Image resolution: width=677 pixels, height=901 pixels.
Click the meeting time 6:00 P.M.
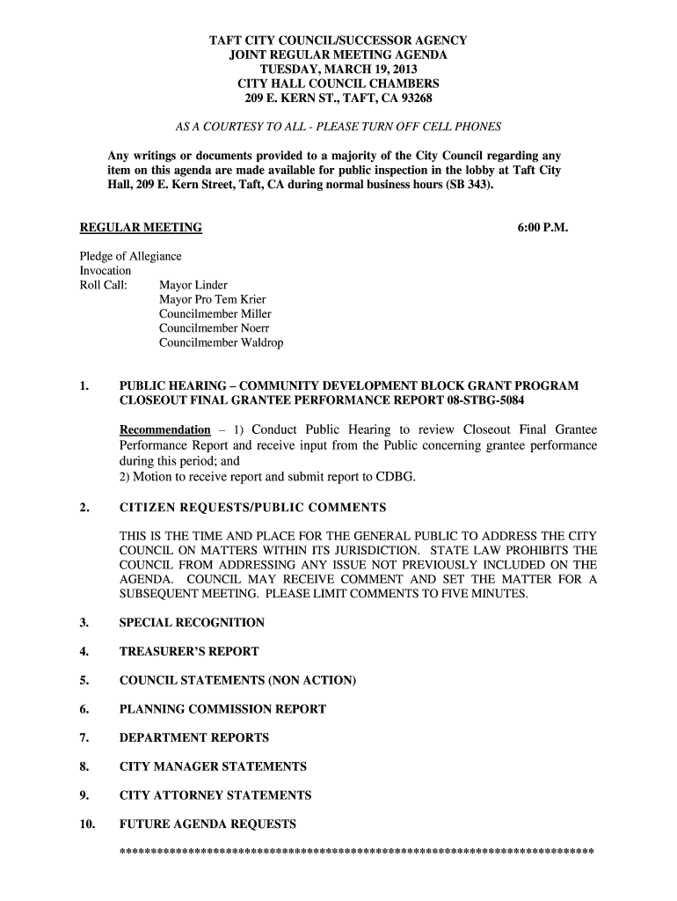coord(542,228)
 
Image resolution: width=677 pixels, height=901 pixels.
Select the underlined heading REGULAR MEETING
coord(141,228)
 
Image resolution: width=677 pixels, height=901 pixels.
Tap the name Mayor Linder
coord(193,285)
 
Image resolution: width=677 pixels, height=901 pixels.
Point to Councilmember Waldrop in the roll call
coord(221,343)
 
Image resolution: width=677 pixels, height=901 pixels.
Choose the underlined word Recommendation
coord(164,430)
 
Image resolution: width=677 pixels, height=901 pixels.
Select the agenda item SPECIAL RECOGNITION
coord(192,623)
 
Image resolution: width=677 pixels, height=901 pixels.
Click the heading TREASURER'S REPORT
coord(189,652)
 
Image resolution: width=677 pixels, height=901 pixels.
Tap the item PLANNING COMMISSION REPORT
coord(222,709)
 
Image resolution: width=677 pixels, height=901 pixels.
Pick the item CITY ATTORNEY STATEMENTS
coord(215,795)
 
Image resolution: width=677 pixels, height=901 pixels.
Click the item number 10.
coord(86,824)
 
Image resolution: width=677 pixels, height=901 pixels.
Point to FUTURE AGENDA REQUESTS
coord(207,824)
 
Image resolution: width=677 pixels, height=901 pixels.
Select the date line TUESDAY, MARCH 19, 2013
coord(338,70)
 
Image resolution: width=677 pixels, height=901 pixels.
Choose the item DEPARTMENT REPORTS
coord(194,738)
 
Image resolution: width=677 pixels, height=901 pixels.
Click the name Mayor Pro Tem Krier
coord(212,300)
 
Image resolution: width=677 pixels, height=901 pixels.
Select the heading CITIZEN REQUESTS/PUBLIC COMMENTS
coord(252,508)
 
